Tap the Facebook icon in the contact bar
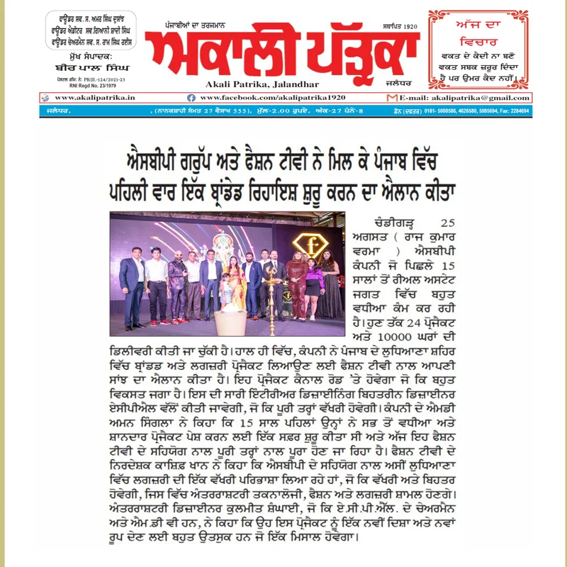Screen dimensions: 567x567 tap(191, 97)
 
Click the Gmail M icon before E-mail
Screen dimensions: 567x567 tap(395, 97)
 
